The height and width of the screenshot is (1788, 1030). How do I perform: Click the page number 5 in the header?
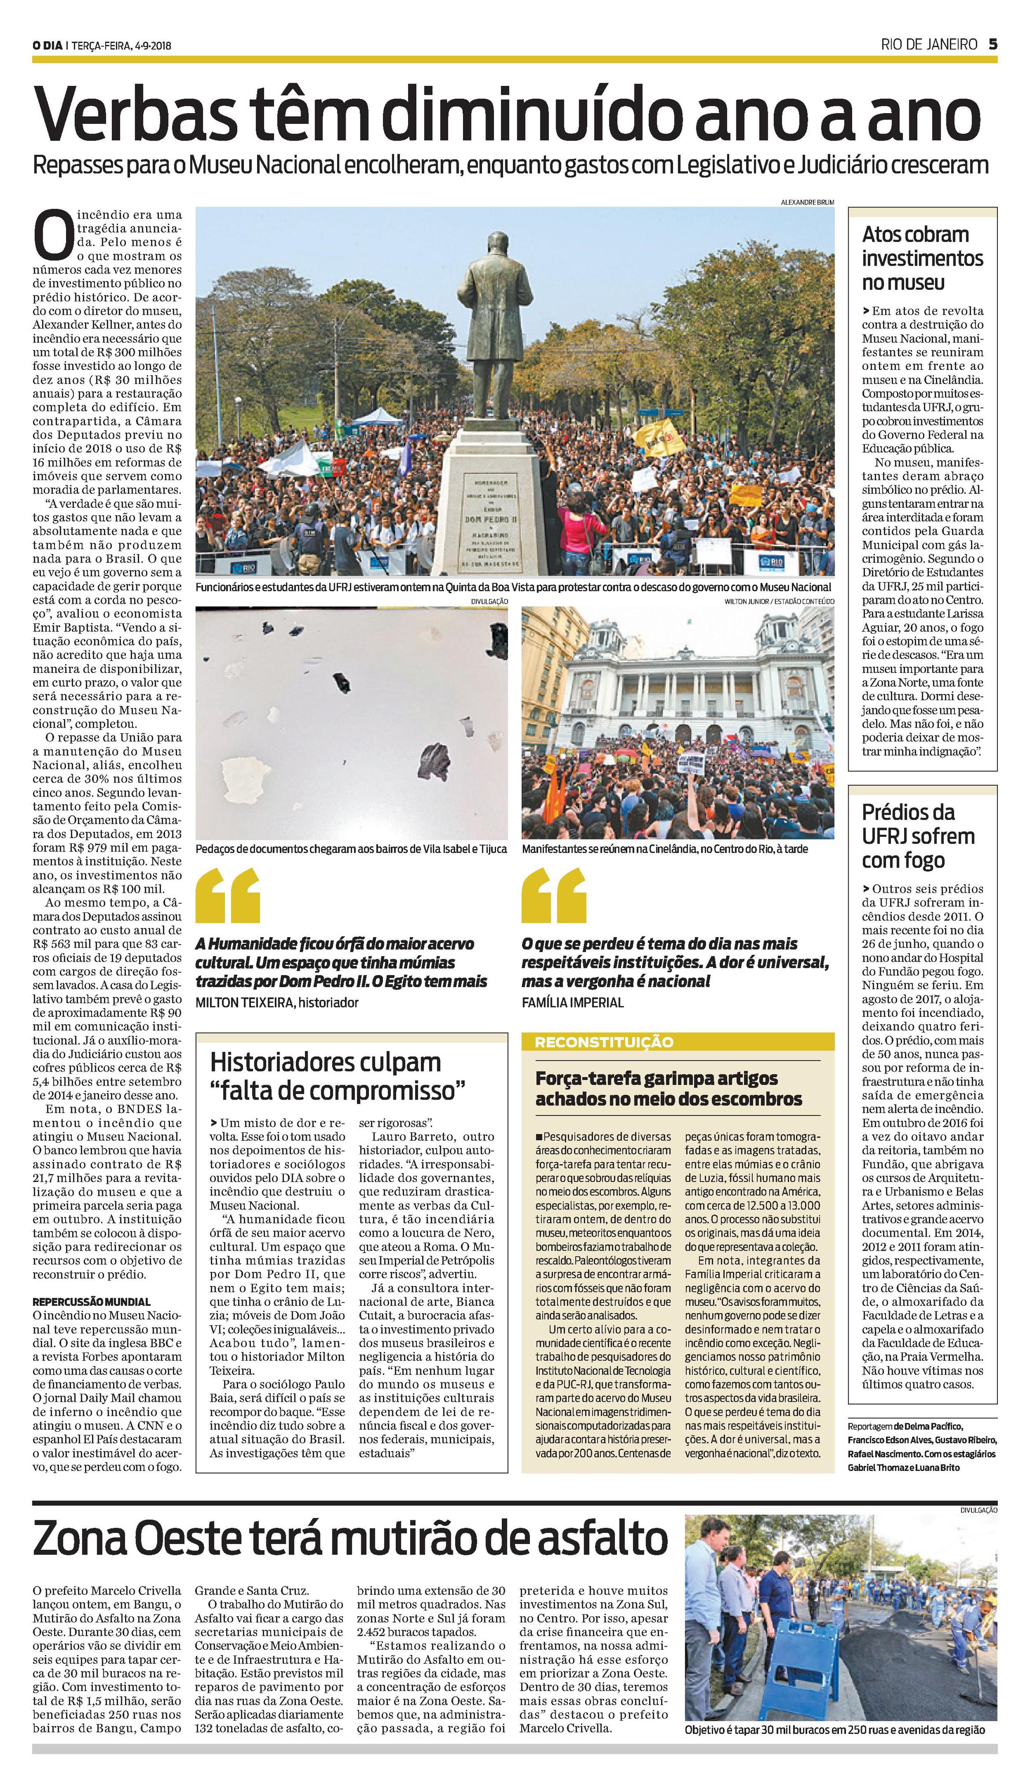pos(993,44)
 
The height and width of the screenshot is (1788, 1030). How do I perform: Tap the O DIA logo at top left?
pos(48,46)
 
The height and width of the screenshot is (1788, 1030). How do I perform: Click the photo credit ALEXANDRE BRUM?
pos(807,203)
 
